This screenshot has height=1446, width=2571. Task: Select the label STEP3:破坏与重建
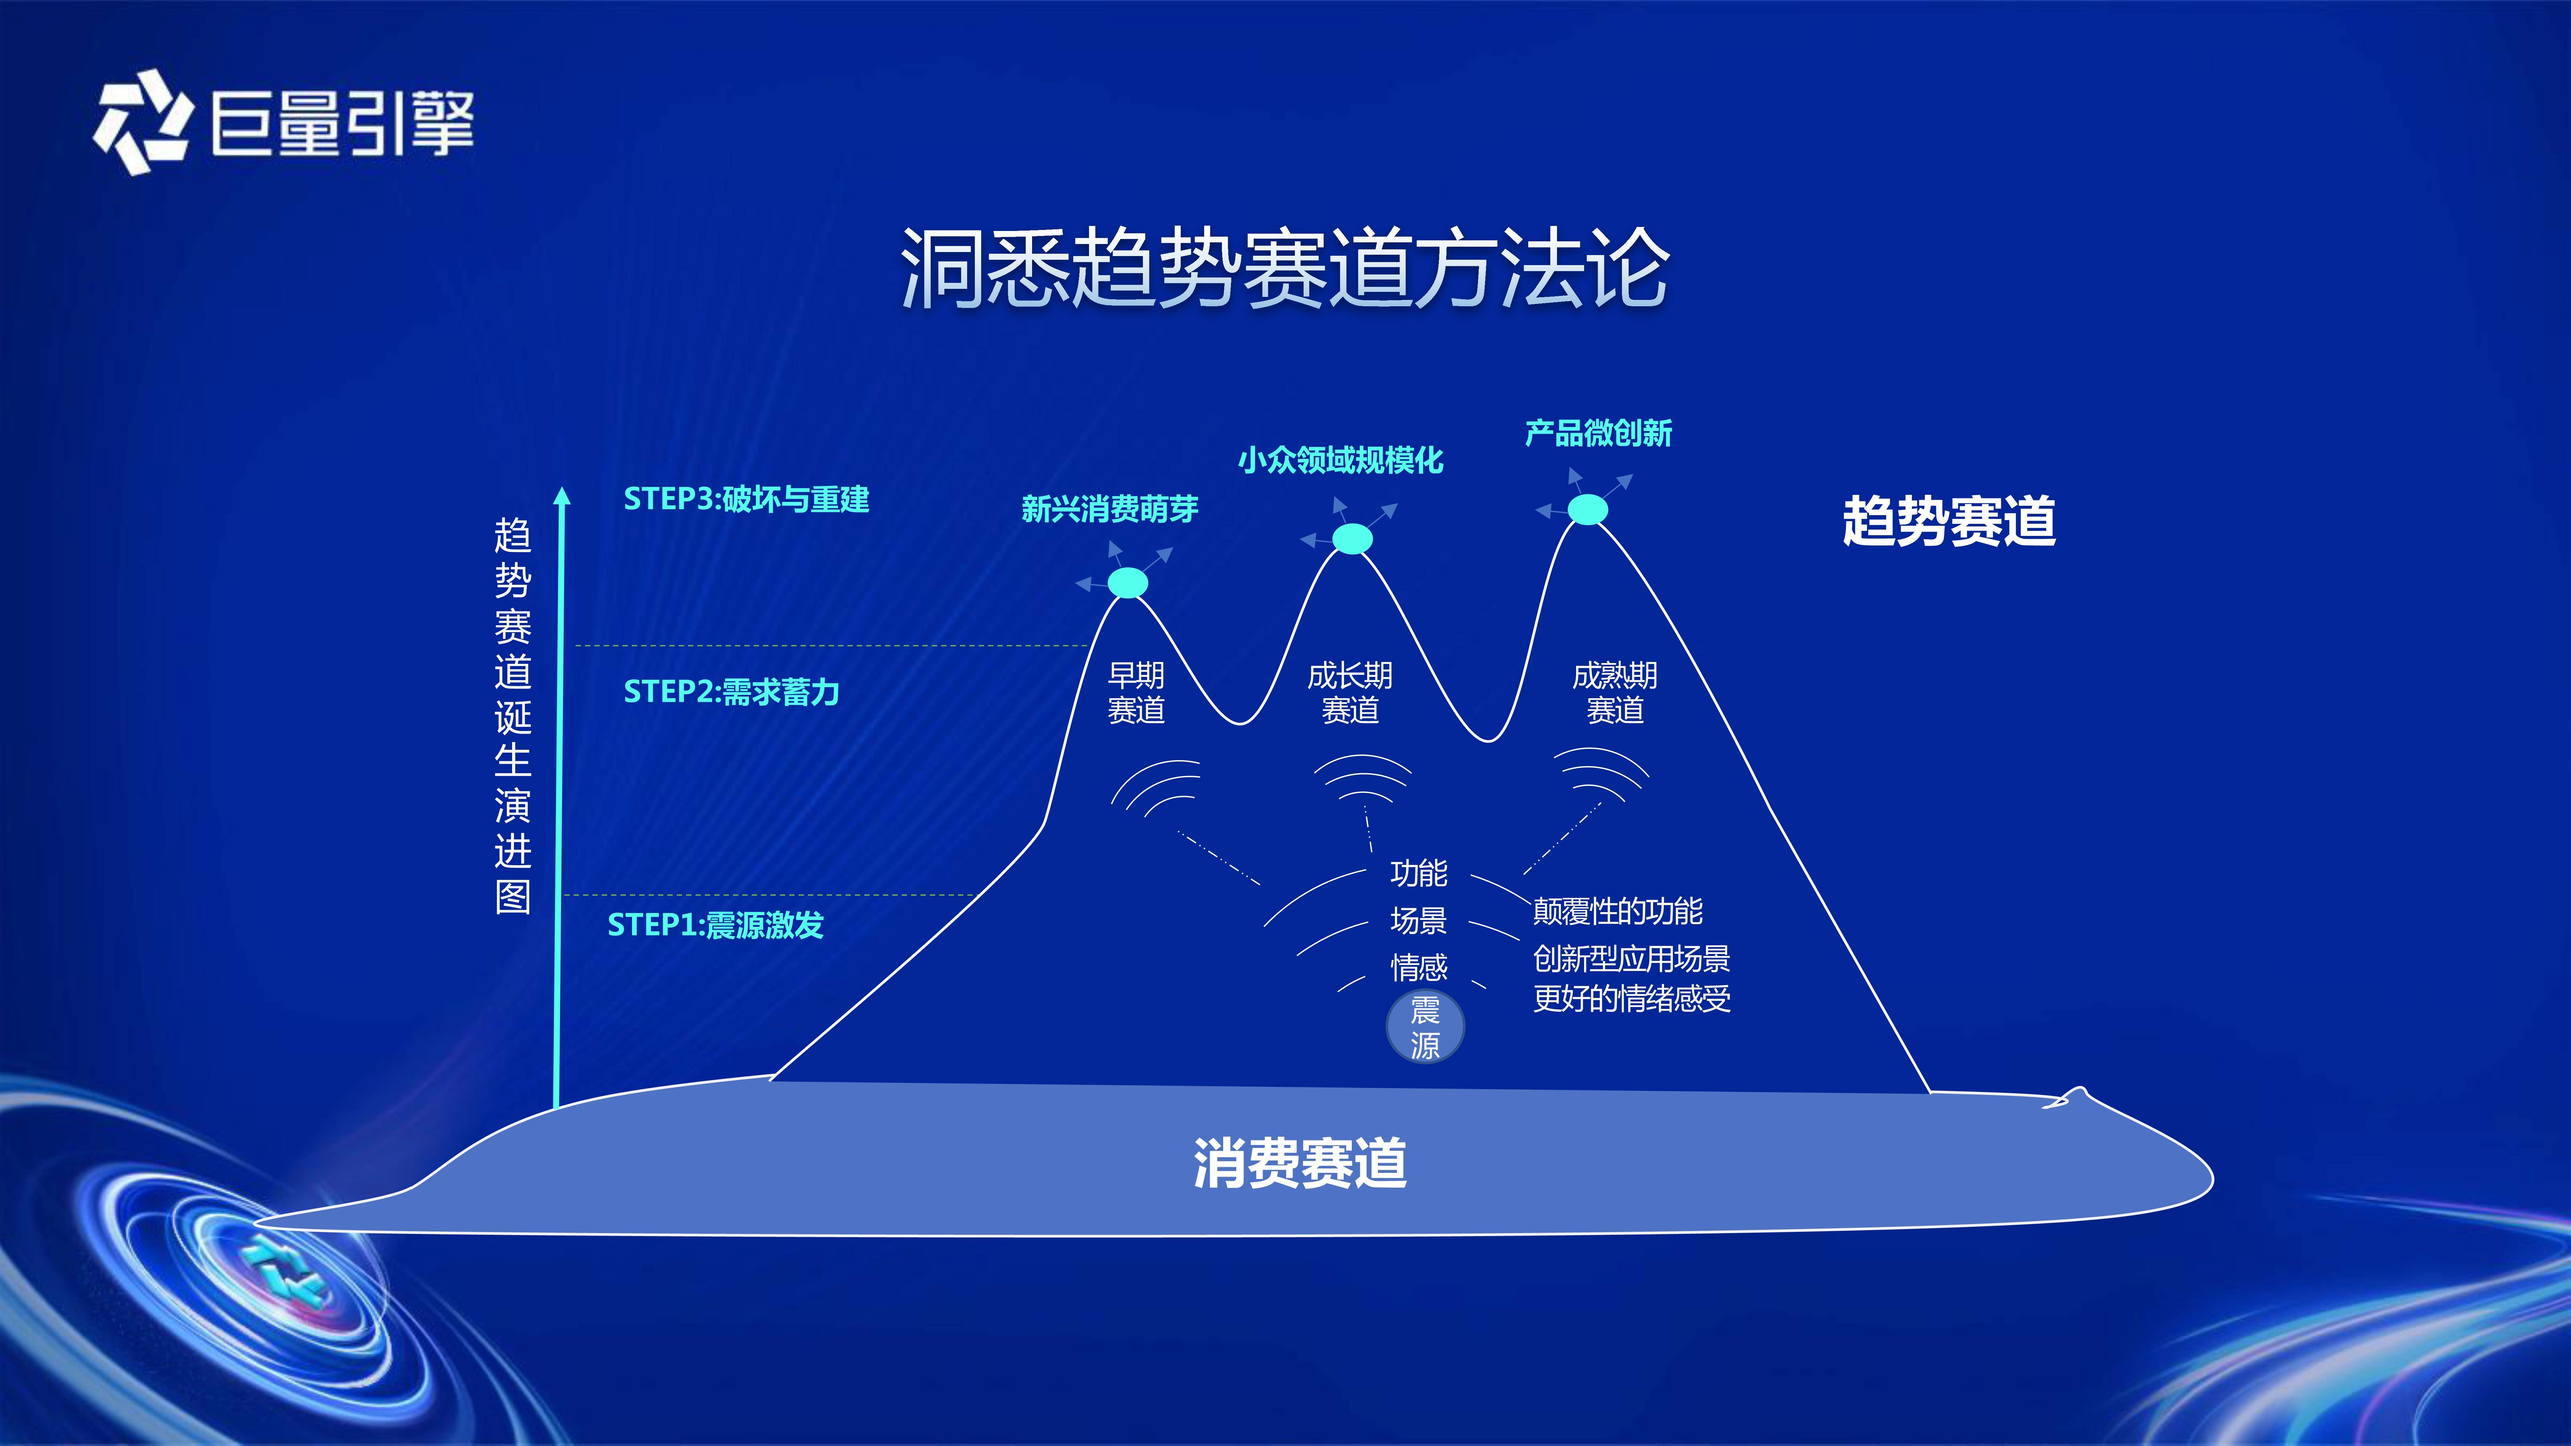click(x=746, y=499)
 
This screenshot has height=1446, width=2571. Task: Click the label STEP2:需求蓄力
click(x=730, y=692)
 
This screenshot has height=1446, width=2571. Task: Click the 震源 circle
click(x=1425, y=1027)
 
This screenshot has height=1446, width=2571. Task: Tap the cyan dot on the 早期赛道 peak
click(x=1128, y=583)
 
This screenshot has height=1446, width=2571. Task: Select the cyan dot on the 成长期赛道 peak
click(x=1352, y=539)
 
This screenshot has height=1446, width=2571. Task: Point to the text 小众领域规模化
click(x=1340, y=460)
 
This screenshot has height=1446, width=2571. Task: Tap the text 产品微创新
click(x=1598, y=433)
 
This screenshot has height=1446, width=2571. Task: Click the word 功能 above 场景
click(x=1418, y=873)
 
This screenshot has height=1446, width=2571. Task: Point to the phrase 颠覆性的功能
click(x=1618, y=911)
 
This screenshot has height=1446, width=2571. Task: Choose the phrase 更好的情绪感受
click(x=1632, y=999)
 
